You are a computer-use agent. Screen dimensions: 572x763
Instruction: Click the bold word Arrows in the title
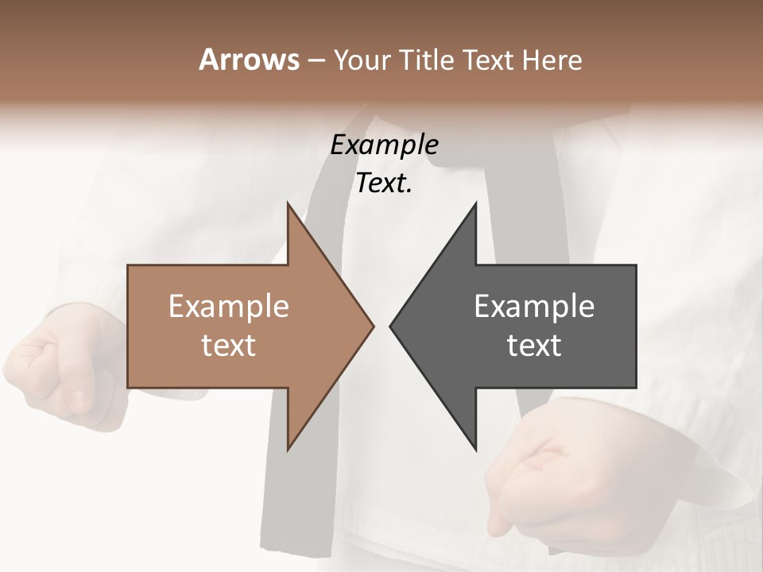pos(249,60)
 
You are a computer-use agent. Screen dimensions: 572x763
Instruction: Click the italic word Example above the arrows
pos(384,145)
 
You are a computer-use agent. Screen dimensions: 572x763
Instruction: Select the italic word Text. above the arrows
pos(384,184)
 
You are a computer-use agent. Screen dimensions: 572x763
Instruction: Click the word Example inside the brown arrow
pos(229,307)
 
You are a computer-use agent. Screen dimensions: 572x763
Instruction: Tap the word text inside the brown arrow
pos(229,346)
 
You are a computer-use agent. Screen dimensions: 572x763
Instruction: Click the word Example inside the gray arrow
pos(534,307)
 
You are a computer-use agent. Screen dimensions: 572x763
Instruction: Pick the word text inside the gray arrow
pos(534,346)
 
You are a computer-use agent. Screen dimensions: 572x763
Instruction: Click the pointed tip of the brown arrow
pos(373,326)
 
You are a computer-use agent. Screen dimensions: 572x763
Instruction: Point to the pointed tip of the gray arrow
pos(391,326)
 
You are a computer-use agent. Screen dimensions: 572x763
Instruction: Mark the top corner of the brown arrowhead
pos(289,203)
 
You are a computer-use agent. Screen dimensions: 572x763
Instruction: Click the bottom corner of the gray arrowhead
pos(475,450)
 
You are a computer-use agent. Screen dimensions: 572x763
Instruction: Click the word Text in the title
pos(491,60)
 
